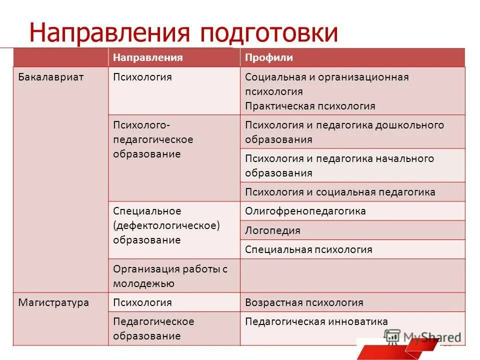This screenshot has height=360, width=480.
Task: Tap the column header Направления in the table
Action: click(147, 57)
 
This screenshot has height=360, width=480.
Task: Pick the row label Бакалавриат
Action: click(50, 77)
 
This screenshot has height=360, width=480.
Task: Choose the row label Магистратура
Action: click(53, 302)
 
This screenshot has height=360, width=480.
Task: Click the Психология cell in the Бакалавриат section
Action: click(142, 77)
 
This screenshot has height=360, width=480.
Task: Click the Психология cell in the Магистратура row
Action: click(142, 302)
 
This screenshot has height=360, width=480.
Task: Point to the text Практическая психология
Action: click(310, 106)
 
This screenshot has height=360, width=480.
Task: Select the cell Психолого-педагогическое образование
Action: click(153, 139)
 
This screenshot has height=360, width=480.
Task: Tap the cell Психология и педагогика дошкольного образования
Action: click(344, 132)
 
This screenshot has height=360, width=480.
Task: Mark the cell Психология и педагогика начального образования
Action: click(339, 166)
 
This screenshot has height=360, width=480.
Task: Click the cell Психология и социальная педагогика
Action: click(340, 192)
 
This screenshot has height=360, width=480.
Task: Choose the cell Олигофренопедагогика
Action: click(305, 211)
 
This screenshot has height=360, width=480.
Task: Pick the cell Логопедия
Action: click(272, 230)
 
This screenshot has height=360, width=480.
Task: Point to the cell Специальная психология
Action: click(308, 249)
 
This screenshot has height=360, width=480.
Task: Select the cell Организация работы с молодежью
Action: click(170, 276)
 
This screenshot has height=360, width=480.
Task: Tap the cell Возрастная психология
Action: click(304, 302)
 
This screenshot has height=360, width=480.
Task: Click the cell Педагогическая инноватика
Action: click(316, 321)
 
